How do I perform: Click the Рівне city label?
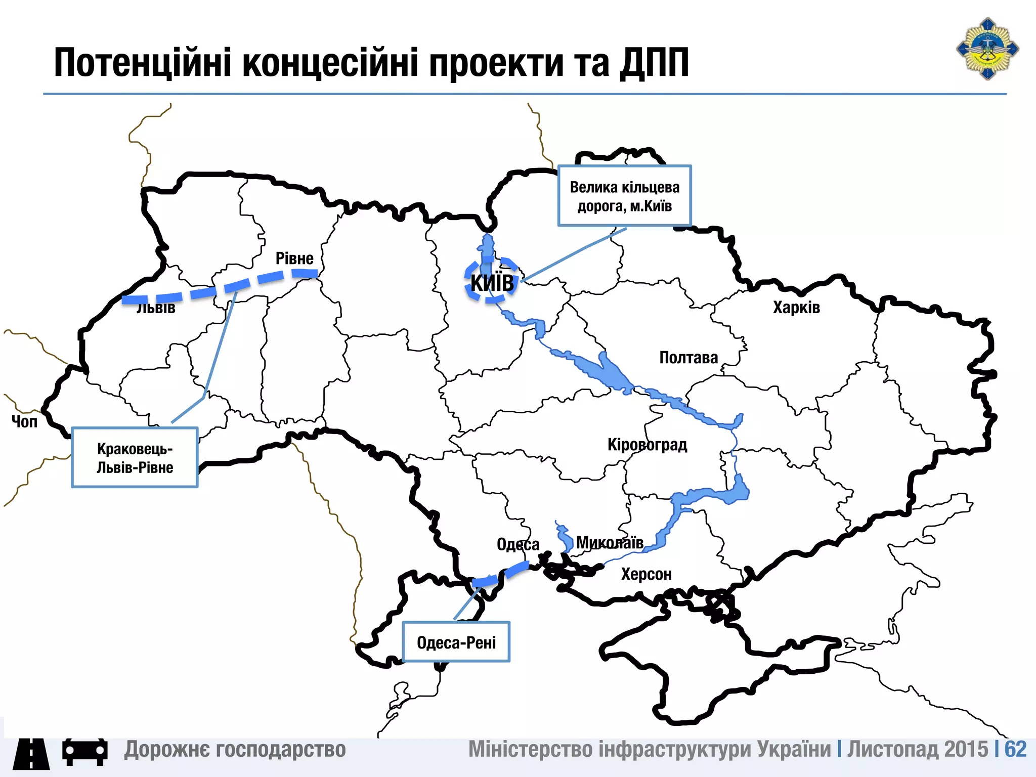coord(294,258)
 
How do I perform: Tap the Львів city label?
coord(156,308)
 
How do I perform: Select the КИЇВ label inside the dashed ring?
coord(492,283)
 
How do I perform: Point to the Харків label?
coord(796,308)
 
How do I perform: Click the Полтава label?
coord(688,358)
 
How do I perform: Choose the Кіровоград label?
coord(647,445)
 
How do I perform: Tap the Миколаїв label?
coord(610,543)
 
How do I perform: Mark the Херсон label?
coord(646,574)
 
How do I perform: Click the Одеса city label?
coord(517,544)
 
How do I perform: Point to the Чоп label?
coord(24,421)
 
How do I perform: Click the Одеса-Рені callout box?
coord(456,642)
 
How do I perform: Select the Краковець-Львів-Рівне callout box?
coord(135,457)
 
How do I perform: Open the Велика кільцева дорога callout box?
coord(624,196)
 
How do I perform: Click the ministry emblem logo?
coord(987,49)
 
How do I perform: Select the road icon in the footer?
coord(31,753)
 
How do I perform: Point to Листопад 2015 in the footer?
coord(917,749)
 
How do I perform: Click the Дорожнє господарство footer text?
coord(235,749)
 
